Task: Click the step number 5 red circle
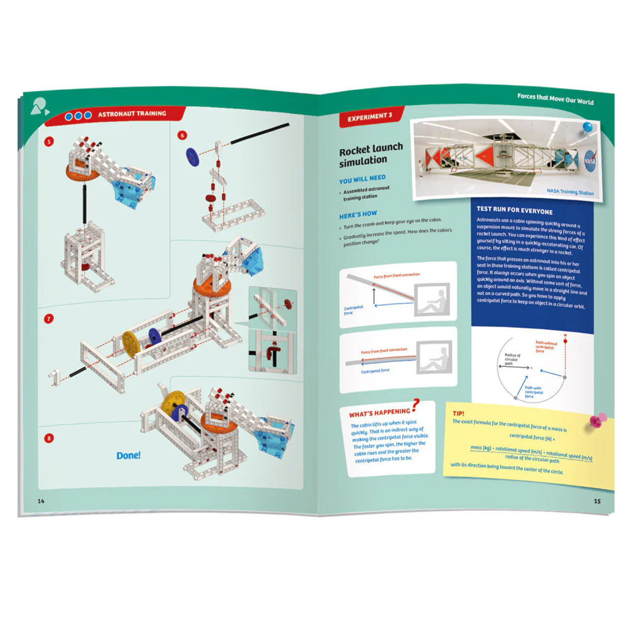(49, 141)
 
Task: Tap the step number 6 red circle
(182, 135)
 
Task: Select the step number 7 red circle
(49, 319)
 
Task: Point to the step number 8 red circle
(49, 438)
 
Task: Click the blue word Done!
(128, 456)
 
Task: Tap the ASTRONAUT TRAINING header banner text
(132, 114)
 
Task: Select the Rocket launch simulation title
(371, 154)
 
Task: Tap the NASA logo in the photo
(589, 161)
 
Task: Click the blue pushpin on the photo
(588, 128)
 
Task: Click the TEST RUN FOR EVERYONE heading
(514, 210)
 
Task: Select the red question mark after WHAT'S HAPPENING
(416, 405)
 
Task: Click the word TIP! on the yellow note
(458, 413)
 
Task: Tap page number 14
(41, 501)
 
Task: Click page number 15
(597, 501)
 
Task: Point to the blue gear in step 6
(191, 156)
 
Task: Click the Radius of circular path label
(512, 359)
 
